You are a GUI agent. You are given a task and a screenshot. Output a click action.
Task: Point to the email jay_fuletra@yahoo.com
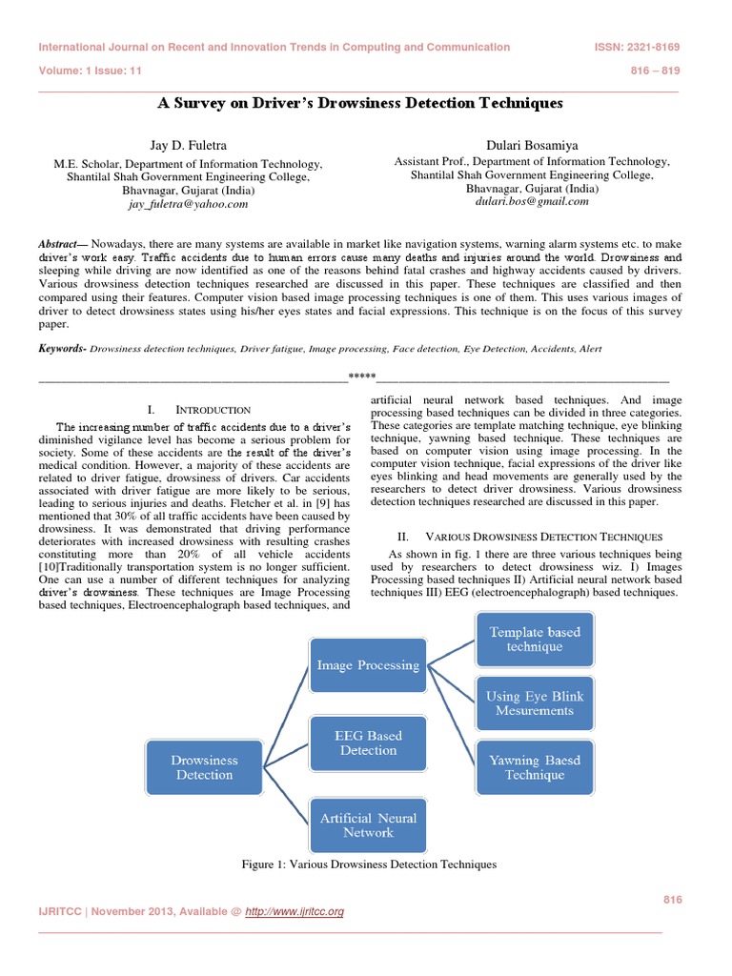pos(187,204)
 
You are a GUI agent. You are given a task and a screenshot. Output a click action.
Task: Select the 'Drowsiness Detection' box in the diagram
pos(204,768)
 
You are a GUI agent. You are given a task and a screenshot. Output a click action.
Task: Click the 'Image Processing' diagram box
pos(368,665)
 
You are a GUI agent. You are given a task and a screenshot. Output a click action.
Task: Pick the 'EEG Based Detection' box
pos(368,743)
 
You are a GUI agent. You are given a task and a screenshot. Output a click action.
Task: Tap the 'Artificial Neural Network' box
pos(368,825)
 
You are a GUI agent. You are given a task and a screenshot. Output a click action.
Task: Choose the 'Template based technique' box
pos(535,640)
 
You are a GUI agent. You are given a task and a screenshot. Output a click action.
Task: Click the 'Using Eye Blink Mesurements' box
pos(535,703)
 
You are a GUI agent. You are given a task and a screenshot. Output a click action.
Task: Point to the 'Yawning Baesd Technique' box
pos(535,768)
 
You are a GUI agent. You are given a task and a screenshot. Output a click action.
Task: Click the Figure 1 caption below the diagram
pos(370,864)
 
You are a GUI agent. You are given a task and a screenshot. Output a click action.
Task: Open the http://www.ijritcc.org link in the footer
pos(294,912)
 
